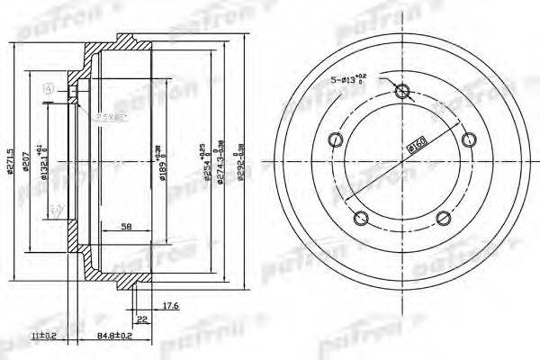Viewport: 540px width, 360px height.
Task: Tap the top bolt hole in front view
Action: point(402,90)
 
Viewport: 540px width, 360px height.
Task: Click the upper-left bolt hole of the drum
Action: point(337,139)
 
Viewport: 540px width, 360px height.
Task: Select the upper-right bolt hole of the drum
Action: point(468,139)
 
